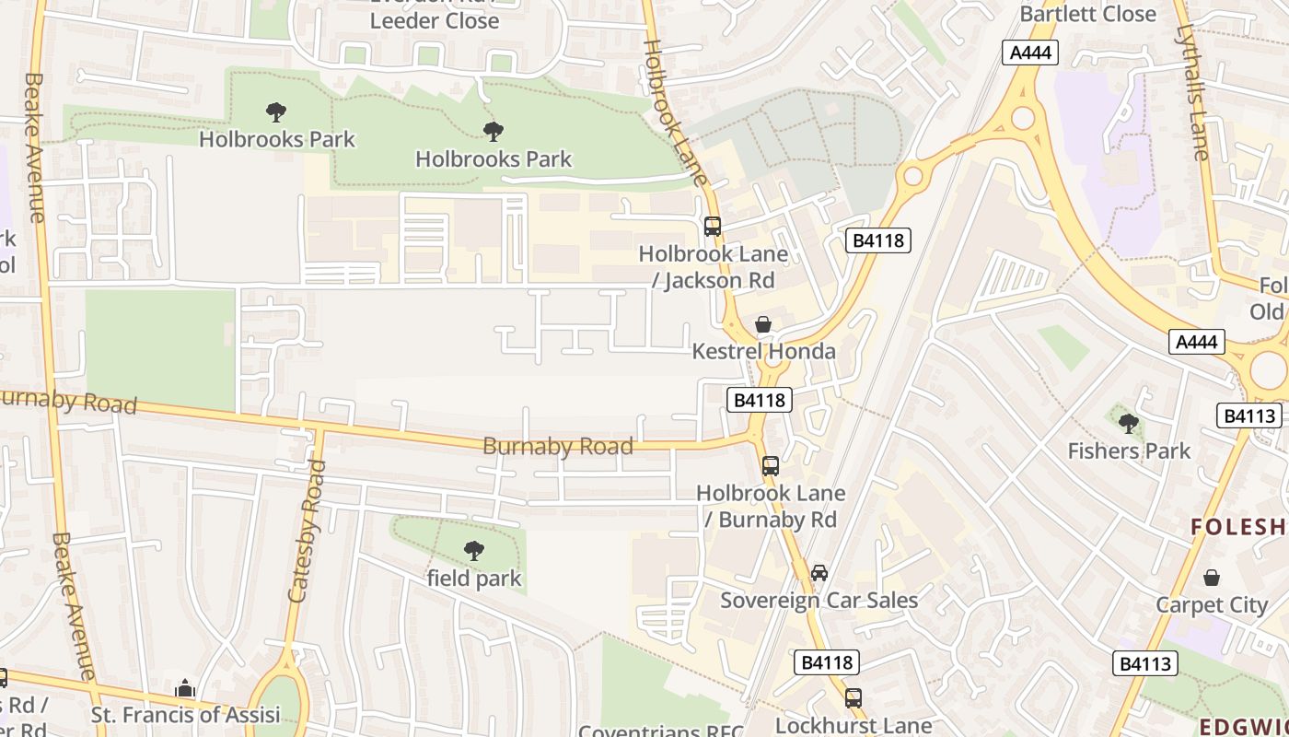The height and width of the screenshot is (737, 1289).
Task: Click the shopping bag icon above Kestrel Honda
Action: [x=762, y=324]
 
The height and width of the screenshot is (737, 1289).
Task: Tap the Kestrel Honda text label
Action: [x=763, y=351]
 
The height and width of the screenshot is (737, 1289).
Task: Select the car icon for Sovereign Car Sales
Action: [x=819, y=573]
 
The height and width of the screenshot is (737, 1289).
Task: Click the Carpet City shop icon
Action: [x=1212, y=578]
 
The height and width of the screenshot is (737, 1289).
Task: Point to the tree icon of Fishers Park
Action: [x=1128, y=424]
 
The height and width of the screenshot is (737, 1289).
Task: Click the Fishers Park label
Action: [x=1129, y=450]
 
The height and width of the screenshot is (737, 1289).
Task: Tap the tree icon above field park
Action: [x=473, y=551]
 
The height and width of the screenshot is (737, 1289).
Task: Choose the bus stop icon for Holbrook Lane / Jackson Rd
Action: [x=712, y=226]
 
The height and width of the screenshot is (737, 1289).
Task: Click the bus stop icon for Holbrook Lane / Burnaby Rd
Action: [x=770, y=466]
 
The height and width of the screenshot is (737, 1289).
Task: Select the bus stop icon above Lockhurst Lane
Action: [x=853, y=697]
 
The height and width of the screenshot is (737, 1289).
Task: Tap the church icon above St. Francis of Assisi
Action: [x=185, y=688]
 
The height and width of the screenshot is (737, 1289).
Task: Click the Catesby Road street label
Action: [x=308, y=532]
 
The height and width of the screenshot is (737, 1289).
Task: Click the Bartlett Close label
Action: [x=1087, y=14]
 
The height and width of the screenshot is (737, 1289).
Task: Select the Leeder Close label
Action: [x=435, y=20]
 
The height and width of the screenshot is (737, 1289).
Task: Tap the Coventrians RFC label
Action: [x=660, y=730]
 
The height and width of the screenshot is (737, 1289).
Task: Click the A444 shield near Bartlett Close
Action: [x=1029, y=53]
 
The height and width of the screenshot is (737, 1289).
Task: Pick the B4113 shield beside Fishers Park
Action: [x=1248, y=415]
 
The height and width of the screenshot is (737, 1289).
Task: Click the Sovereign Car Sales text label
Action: [x=819, y=601]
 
